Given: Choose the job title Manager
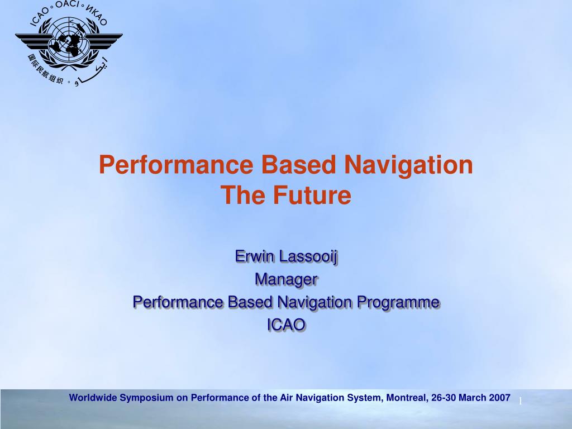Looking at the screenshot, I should [286, 279].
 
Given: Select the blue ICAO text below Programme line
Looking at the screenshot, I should [286, 325].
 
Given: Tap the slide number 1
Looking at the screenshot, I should [519, 402].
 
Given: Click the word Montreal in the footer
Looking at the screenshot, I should [405, 398].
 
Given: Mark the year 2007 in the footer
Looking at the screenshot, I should [499, 398].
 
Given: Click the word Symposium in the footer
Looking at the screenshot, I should [147, 398].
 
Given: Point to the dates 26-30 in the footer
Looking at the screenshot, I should [444, 398].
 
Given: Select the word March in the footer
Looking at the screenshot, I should [473, 398].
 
